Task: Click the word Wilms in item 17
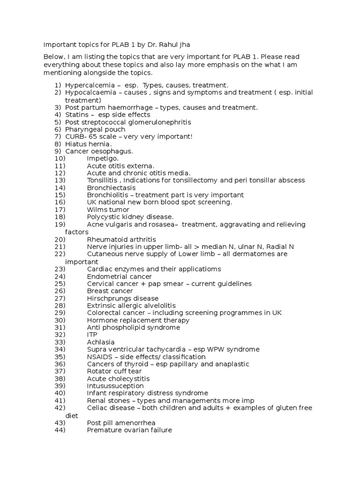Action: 97,210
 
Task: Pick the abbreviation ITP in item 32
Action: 92,335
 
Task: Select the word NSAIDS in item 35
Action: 99,357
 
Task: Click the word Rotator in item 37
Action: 99,371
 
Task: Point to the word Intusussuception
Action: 115,386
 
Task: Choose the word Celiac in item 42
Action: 97,408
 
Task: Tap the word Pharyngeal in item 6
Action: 83,129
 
